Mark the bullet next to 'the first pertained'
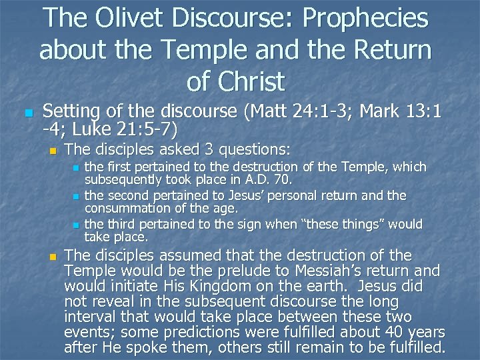(77, 167)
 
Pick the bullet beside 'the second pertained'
(77, 197)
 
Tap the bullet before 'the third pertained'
(77, 225)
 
